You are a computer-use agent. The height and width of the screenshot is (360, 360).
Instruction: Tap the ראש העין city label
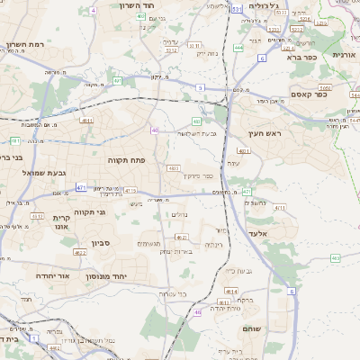point(265,133)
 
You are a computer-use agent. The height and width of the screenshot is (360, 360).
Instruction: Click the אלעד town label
point(283,233)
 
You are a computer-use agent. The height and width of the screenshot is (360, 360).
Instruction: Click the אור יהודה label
point(52,276)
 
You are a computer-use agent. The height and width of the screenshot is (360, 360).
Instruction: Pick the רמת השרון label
point(24,44)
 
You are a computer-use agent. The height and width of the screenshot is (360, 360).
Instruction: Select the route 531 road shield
point(236,8)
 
